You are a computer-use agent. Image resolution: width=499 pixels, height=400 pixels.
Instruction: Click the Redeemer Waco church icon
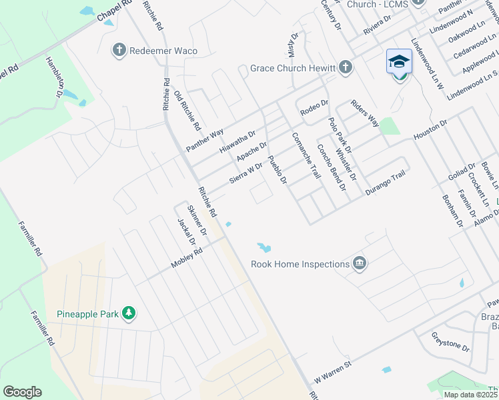coord(119,50)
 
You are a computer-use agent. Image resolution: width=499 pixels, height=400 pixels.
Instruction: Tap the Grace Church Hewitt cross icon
coord(345,67)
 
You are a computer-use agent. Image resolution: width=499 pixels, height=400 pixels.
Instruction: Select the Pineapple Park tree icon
coord(129,313)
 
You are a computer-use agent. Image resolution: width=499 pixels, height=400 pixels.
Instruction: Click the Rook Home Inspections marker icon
coord(360,263)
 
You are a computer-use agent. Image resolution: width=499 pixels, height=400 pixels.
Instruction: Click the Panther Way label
coord(205,141)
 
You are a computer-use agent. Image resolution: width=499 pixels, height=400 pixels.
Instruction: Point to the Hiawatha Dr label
coord(237,142)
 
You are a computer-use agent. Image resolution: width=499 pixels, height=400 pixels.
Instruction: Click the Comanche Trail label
coord(306,155)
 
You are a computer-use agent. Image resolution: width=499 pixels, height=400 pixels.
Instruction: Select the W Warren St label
coord(333,368)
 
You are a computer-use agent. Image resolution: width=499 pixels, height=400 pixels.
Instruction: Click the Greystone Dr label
coord(451,341)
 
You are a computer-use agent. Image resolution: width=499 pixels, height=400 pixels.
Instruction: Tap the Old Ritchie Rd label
coord(187,110)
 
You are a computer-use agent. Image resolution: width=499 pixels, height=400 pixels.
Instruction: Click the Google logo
coord(22,392)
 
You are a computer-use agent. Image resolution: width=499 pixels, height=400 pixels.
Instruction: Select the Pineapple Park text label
coord(87,313)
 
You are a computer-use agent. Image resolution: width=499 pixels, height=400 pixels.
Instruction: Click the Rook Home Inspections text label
coord(300,264)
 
